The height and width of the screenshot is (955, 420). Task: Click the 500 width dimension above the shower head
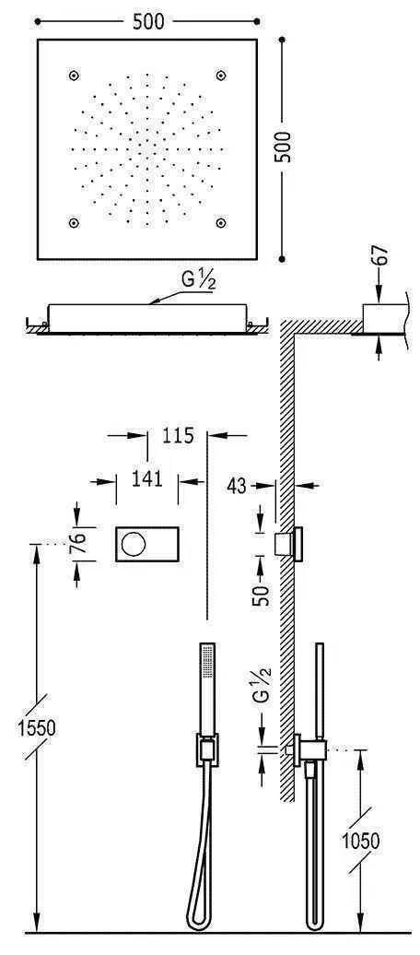(147, 21)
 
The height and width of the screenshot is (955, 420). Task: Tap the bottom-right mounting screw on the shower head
(221, 222)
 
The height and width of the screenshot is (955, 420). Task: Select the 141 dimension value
(146, 477)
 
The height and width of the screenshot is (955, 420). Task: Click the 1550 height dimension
(36, 726)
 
